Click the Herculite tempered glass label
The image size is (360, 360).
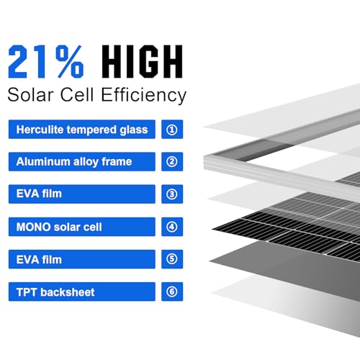click(81, 130)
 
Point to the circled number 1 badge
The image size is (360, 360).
click(171, 130)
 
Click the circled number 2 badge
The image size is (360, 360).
click(171, 162)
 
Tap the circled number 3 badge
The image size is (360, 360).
click(171, 194)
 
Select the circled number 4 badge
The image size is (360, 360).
click(171, 227)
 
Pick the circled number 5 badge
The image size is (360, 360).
click(171, 259)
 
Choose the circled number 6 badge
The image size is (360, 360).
click(171, 292)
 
